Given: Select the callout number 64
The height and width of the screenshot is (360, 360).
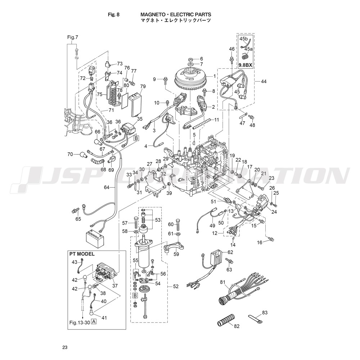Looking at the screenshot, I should [x=107, y=187].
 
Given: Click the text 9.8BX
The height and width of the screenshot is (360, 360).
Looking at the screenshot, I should [x=246, y=65].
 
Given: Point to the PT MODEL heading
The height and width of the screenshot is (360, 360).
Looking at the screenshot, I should [x=82, y=254].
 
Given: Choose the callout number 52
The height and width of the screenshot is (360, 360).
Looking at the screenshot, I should [x=176, y=287].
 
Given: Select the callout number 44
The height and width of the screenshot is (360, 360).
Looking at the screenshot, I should [x=264, y=82].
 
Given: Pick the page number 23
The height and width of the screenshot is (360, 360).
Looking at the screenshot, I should [x=65, y=347].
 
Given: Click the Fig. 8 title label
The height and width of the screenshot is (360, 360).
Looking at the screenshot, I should [x=114, y=15].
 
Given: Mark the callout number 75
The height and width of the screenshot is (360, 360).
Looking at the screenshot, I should [x=99, y=94].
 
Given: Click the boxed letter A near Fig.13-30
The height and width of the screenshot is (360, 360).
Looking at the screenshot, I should [x=94, y=322].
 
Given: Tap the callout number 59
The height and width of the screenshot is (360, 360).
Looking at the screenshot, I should [x=176, y=254].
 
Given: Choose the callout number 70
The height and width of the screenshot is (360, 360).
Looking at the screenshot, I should [x=70, y=154].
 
